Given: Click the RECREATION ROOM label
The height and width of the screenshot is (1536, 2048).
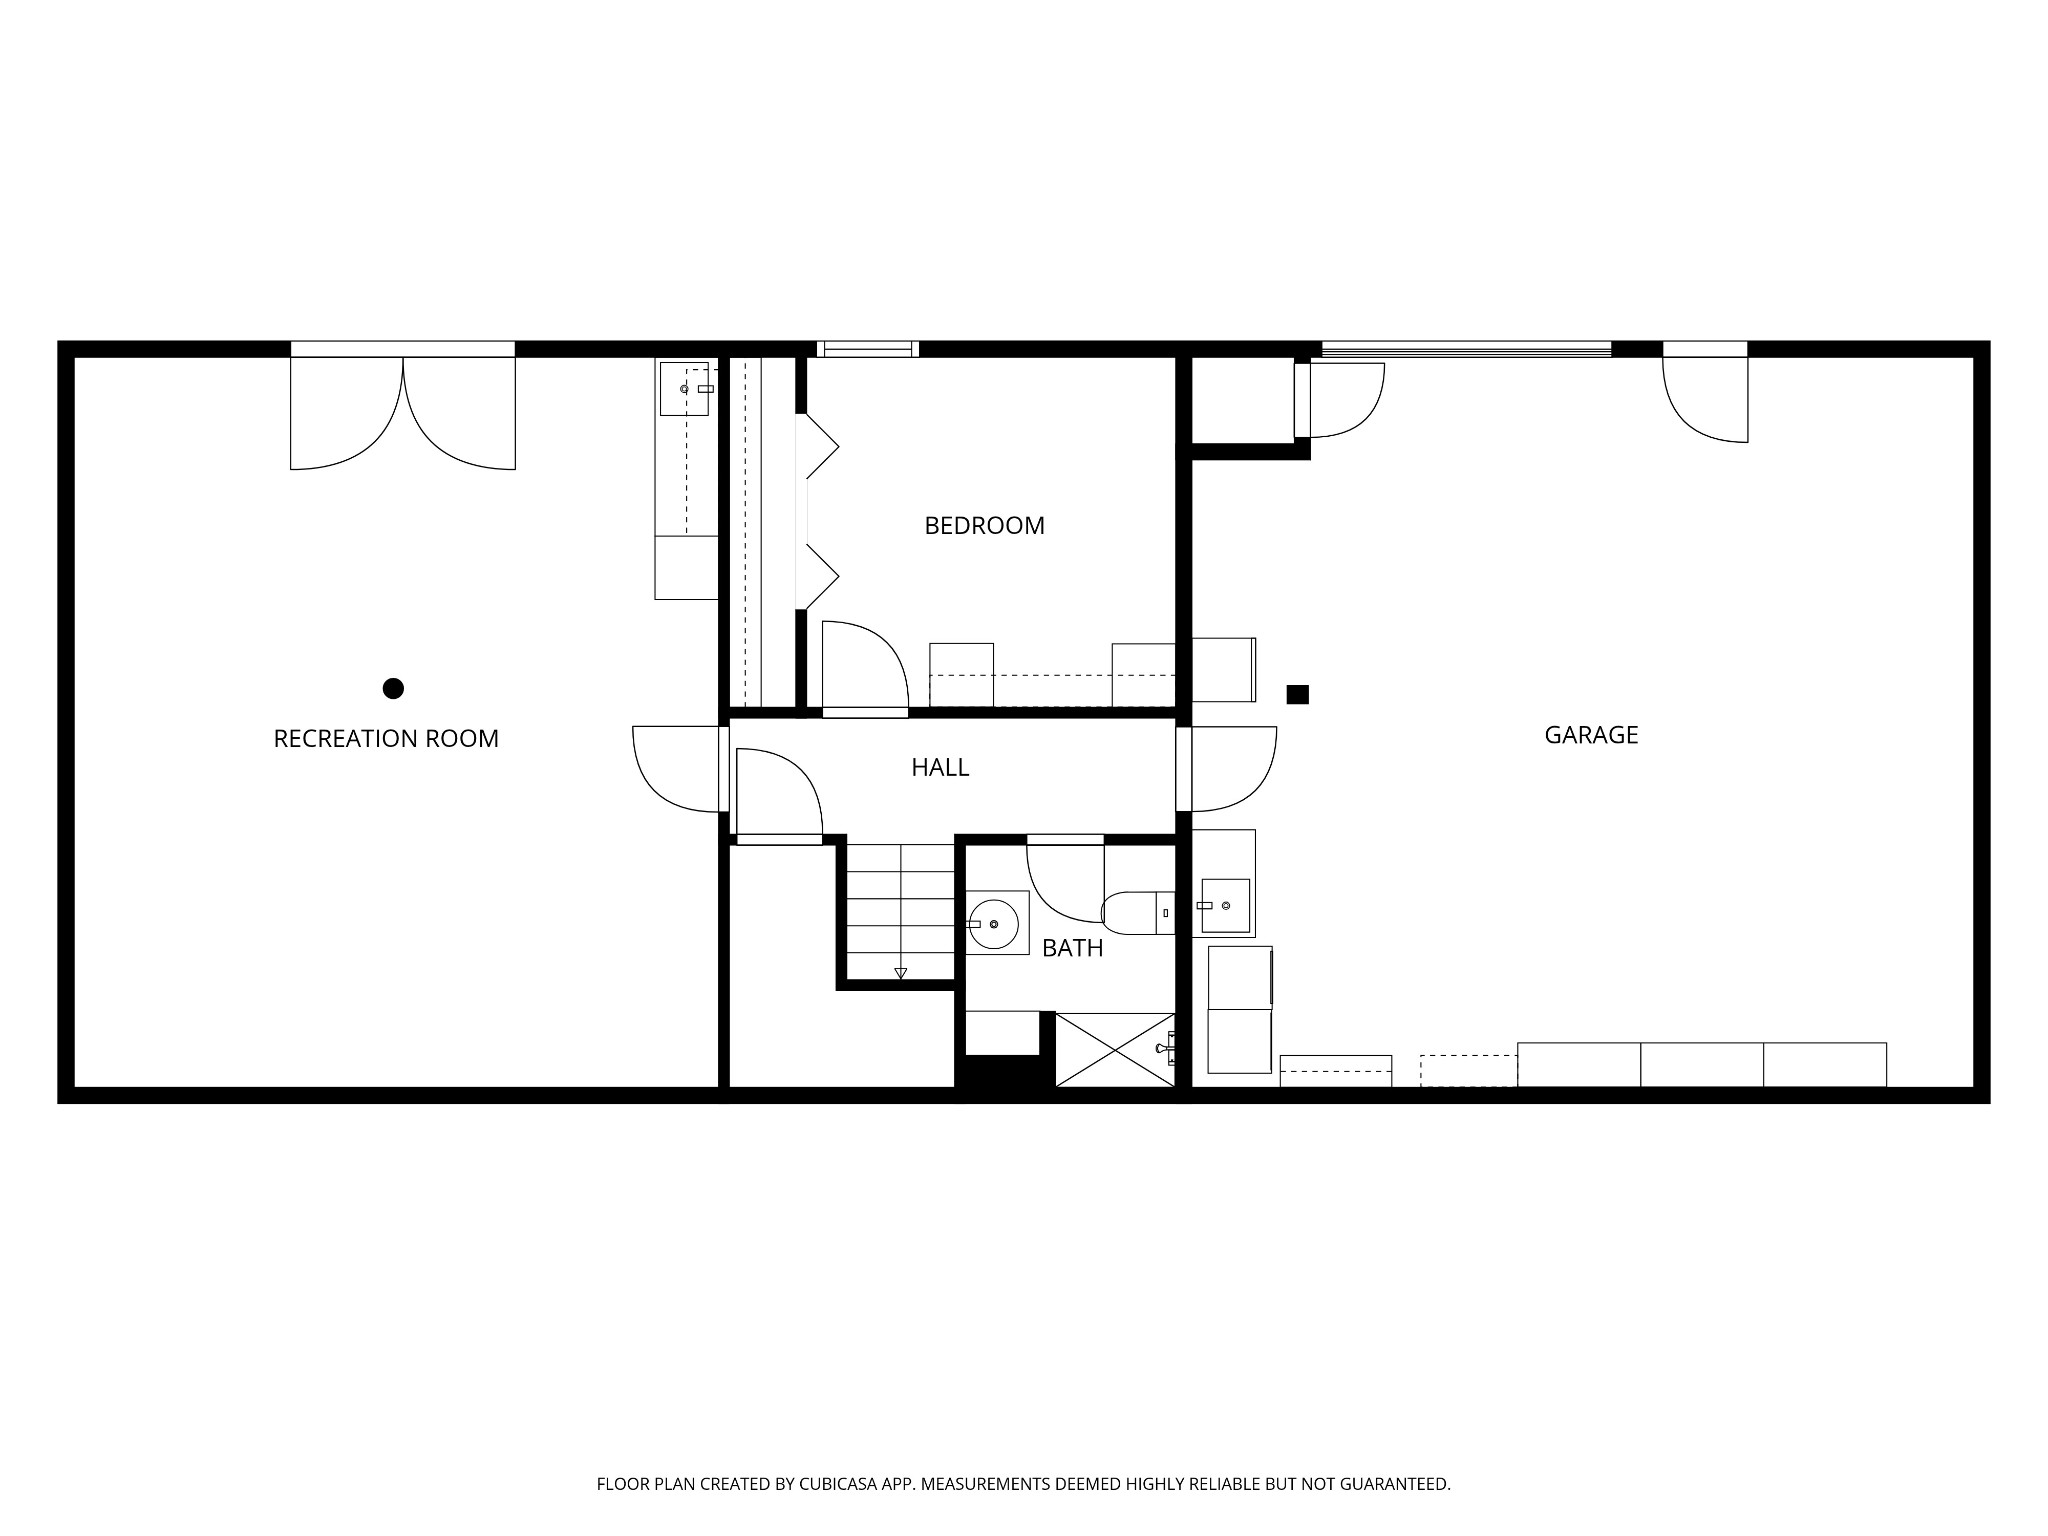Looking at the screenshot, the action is (x=386, y=738).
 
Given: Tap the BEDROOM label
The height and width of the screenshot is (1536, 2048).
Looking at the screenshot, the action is (x=984, y=525).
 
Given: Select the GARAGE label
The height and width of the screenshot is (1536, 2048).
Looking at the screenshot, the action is (x=1591, y=735).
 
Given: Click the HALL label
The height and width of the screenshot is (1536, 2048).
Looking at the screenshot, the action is (x=940, y=767).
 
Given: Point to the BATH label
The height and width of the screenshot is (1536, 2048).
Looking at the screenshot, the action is (x=1072, y=948).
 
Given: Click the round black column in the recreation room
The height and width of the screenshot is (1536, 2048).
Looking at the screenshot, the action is (x=393, y=688).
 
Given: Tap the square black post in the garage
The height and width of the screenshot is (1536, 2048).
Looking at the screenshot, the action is (x=1297, y=694).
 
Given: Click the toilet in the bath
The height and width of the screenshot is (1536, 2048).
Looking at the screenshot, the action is (x=1138, y=912).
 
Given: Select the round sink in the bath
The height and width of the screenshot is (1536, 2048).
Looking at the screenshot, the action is (x=994, y=924).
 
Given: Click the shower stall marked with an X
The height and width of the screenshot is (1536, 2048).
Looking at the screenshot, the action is (x=1115, y=1049).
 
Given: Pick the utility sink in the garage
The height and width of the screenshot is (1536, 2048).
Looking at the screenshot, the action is (x=1225, y=905).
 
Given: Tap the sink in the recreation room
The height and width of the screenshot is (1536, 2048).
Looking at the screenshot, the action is (x=685, y=388).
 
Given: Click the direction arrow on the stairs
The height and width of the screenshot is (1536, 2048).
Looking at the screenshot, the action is (x=900, y=972).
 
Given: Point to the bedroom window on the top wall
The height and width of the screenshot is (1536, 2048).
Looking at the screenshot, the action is (x=867, y=349).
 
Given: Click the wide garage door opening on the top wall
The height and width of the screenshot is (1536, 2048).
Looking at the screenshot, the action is (x=1467, y=348).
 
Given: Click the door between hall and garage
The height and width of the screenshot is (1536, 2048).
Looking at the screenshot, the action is (x=1227, y=769).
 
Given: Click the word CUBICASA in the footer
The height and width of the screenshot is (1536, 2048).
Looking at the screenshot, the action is (x=840, y=1485).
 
